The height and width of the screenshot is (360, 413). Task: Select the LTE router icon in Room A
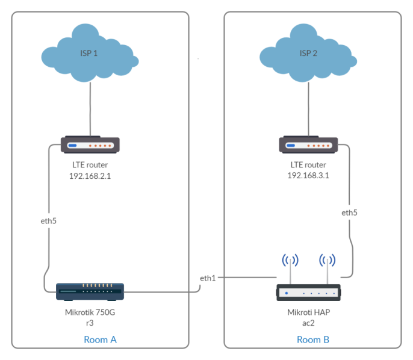pos(90,145)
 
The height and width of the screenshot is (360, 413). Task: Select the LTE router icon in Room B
pos(309,145)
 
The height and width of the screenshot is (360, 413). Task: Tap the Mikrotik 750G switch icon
pos(90,292)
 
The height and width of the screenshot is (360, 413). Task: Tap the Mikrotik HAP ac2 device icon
pos(309,293)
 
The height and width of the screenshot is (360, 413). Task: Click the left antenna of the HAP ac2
pos(291,264)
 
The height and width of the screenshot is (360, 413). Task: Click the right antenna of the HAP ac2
pos(328,264)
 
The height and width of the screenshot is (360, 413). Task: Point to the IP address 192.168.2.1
pos(90,175)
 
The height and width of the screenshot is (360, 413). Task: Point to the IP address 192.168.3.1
pos(308,175)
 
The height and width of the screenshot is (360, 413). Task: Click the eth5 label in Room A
pos(49,221)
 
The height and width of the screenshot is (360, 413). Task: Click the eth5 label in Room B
pos(349,213)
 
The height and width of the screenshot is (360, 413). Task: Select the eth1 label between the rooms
pos(208,278)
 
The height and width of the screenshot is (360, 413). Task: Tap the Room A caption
pos(100,340)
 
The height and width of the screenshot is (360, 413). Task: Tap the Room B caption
pos(313,340)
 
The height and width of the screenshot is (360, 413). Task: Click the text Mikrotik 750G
pos(90,312)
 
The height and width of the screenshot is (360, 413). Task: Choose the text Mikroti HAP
pos(308,312)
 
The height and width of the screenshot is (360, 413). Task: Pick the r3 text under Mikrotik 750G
pos(90,323)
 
